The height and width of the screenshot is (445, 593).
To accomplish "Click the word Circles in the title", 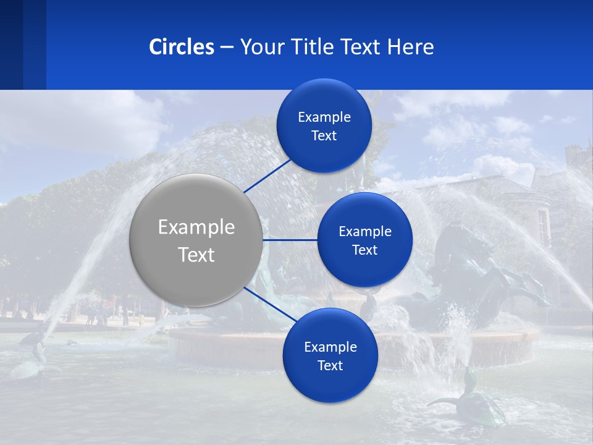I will pos(182,47).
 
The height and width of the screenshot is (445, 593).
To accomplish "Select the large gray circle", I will pos(196,240).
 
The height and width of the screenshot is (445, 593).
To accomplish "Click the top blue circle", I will pos(324,125).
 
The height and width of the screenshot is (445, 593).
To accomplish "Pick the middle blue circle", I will pos(364,240).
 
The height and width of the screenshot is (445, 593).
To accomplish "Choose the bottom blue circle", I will pos(330,355).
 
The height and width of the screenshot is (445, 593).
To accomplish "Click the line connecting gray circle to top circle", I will pos(267,176).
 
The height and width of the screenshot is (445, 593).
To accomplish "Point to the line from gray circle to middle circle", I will pos(290,240).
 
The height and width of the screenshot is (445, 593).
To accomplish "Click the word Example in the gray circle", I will pos(196,227).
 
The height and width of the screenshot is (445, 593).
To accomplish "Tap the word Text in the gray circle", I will pos(196,255).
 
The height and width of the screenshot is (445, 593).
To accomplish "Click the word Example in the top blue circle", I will pos(324,117).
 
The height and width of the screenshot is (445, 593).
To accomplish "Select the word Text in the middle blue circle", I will pos(364,250).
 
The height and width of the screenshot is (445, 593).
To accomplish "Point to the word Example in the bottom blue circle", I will pos(330,347).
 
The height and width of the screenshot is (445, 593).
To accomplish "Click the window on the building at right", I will pos(543,226).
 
